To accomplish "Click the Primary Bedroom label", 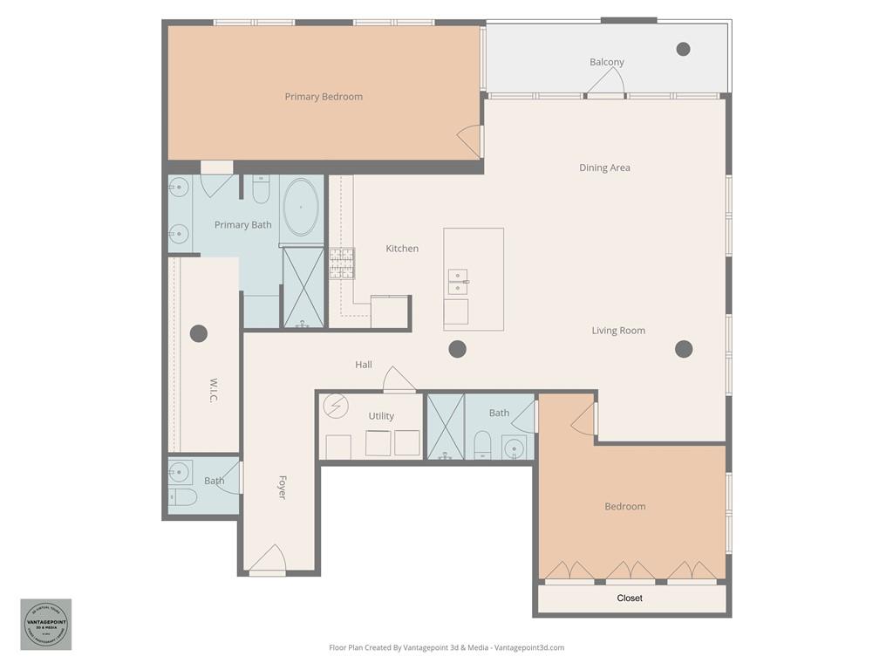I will coord(324,97).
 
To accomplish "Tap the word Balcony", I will coord(606,62).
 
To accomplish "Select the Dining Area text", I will coord(604,167).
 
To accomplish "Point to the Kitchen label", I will coord(402,249).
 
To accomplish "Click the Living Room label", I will coord(618,331).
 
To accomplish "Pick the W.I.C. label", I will coord(214,390).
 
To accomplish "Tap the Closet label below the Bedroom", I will coord(629,598).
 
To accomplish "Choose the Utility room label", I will coord(381,416).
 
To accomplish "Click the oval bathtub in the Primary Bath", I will coord(302,209).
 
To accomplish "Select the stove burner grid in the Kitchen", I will coord(342,263).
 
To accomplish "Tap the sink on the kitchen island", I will coord(458,282).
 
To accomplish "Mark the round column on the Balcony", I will coord(683,49).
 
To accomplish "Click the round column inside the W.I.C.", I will coord(199,333).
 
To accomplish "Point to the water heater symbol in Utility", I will coord(335,407).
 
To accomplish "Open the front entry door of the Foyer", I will coord(268,560).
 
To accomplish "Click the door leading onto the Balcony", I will coord(605,84).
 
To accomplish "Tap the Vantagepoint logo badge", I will coord(45,624).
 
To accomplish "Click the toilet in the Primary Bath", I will coord(261,189).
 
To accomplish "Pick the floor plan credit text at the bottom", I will coord(446,647).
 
